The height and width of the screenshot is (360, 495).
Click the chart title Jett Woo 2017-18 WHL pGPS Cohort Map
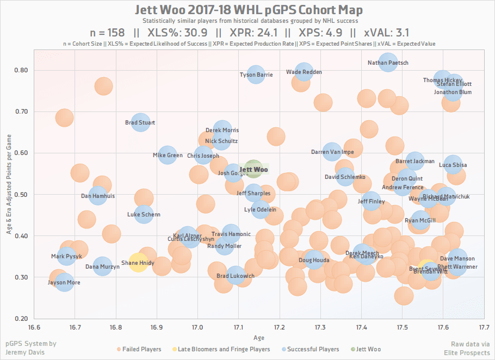click(x=247, y=10)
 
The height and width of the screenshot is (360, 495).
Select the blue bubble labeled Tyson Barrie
click(x=255, y=74)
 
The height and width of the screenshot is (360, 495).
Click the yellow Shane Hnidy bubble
click(x=138, y=263)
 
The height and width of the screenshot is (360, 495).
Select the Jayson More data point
click(x=64, y=282)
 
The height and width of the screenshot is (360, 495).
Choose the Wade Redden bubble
click(x=304, y=72)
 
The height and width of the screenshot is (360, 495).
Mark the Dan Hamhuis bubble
click(x=98, y=196)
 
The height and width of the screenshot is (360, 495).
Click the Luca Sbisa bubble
click(x=453, y=165)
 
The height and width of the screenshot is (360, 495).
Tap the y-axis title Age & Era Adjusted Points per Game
click(x=9, y=185)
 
